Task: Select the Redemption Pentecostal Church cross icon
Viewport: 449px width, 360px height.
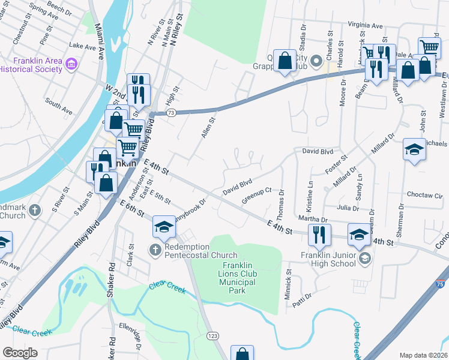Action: point(155,248)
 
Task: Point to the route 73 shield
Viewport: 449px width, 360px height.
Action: point(172,113)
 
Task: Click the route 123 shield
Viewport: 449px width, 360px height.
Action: point(212,337)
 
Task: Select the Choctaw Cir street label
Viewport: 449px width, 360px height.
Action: point(424,196)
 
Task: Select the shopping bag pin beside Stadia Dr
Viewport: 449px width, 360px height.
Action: point(284,60)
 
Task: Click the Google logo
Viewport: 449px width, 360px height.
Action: point(20,353)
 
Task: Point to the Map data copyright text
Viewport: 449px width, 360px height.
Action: point(423,355)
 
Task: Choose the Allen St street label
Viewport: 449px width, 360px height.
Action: point(208,128)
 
